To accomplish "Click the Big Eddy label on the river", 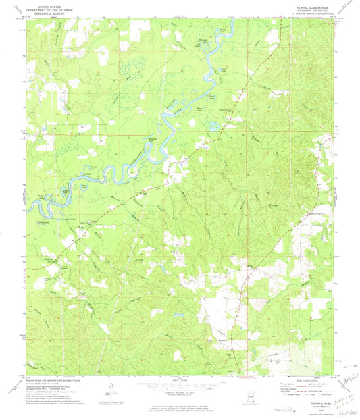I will tap(84, 174).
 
